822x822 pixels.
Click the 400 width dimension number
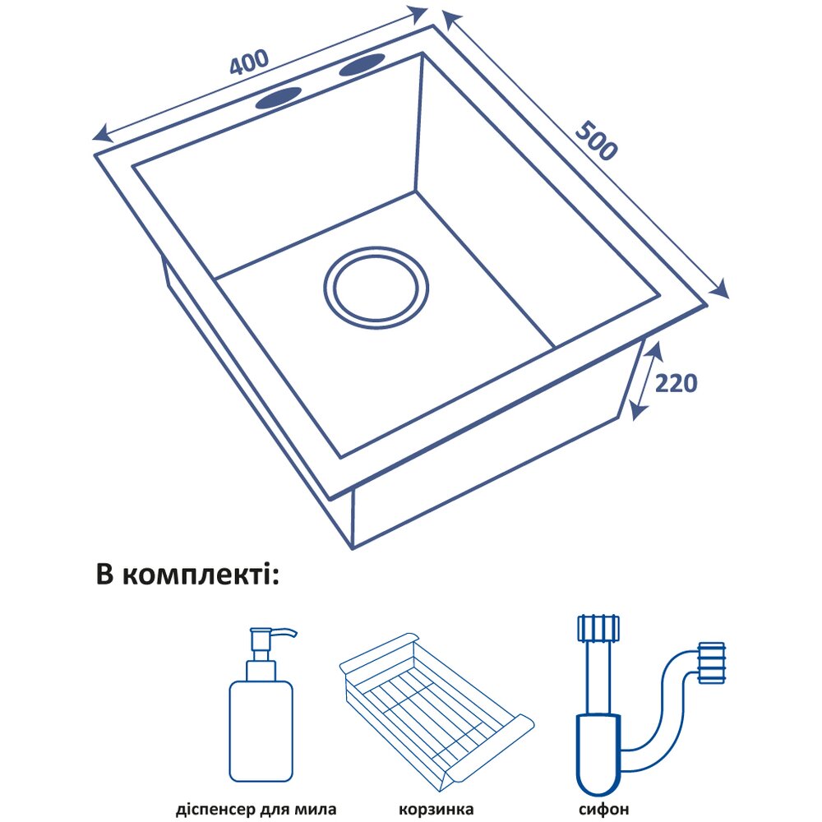pos(249,63)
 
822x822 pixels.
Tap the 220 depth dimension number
pos(677,383)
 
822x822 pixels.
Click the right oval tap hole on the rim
pos(361,66)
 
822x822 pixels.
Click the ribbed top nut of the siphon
pos(598,628)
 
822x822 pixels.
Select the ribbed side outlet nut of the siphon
pos(711,663)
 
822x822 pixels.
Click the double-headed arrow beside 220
pos(645,382)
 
